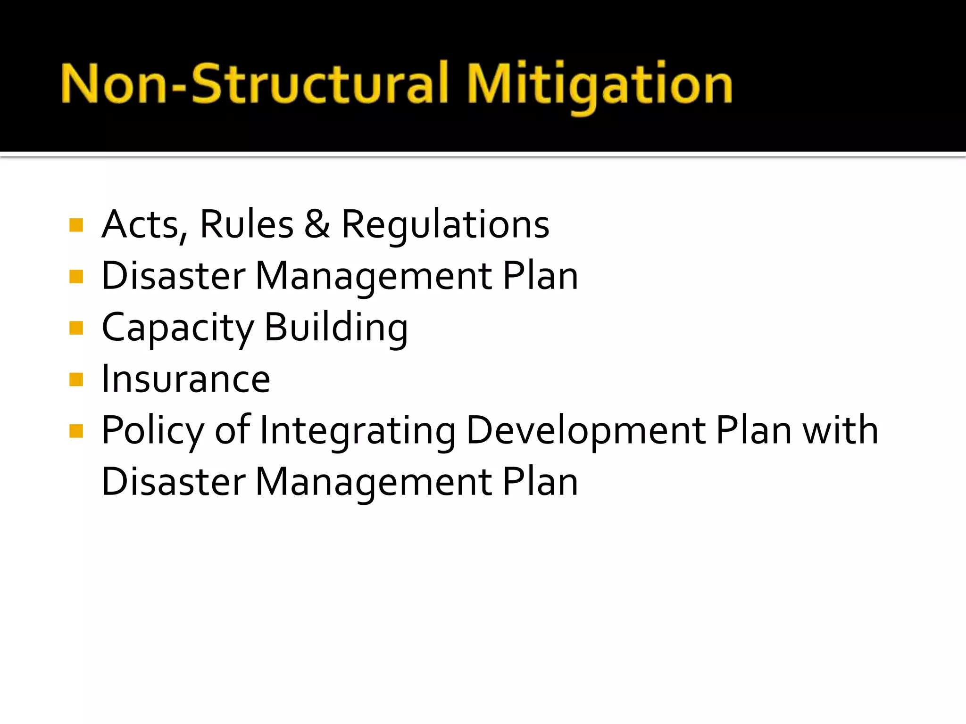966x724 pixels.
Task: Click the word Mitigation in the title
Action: coord(599,85)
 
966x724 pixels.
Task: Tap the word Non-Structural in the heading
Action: coord(255,84)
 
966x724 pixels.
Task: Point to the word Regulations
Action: coord(445,225)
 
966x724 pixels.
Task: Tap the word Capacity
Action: coord(177,328)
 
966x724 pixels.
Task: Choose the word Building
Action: coord(336,328)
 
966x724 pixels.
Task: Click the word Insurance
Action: coord(186,379)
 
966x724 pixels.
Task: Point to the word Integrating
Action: coord(358,431)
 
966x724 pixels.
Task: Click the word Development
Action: coord(586,431)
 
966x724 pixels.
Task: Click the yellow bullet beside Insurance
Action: coord(76,379)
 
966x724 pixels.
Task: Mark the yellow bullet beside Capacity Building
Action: coord(76,328)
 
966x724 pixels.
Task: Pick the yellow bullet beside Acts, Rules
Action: coord(76,225)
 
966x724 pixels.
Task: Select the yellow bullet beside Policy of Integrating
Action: coord(76,430)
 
